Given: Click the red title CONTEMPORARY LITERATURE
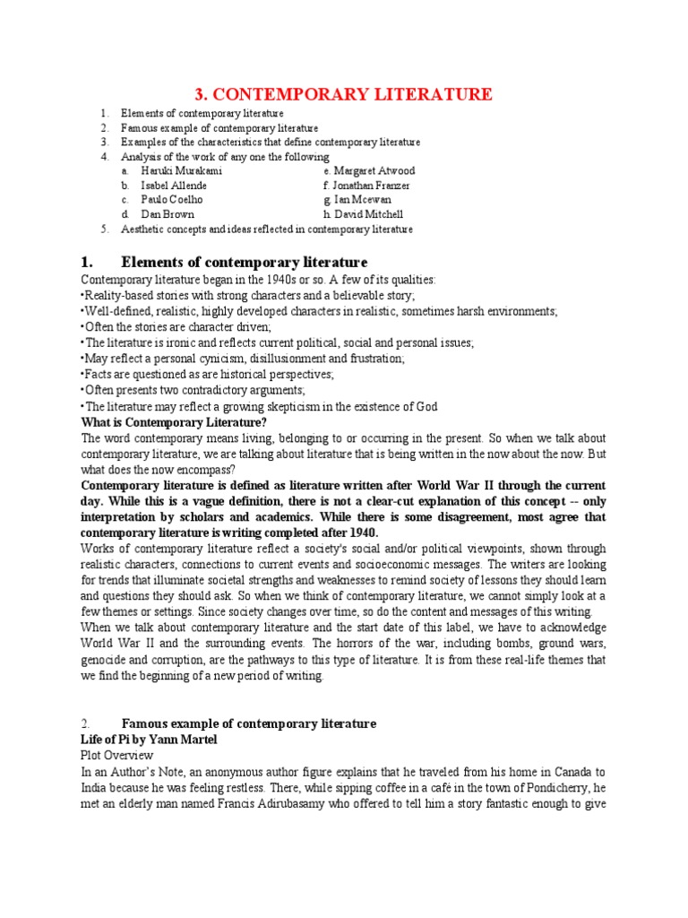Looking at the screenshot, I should pos(344,94).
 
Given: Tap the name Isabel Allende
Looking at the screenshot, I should pos(175,186).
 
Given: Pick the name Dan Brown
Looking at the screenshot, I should pos(168,214).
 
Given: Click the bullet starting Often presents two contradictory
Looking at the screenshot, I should pos(193,390).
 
